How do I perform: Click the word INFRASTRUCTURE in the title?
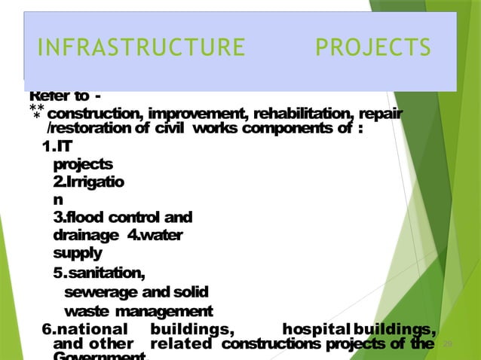141,47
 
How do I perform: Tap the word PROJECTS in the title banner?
373,47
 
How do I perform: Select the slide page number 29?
446,344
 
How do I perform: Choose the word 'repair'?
380,114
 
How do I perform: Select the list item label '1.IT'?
57,145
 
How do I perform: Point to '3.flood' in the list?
77,218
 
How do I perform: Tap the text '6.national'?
85,329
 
